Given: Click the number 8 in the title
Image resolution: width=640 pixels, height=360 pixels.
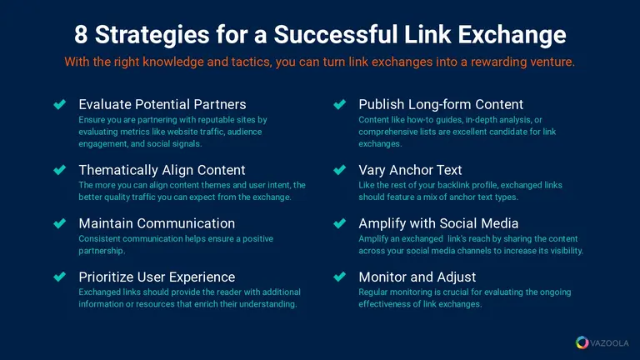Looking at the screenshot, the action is (81, 34).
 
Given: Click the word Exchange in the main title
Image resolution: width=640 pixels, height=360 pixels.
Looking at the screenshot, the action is (512, 35).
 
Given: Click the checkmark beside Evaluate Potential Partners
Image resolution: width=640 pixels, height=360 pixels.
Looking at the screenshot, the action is (60, 104).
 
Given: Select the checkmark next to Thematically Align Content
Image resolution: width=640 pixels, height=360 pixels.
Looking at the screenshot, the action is (60, 170).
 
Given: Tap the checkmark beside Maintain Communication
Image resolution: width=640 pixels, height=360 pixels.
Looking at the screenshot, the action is (60, 223).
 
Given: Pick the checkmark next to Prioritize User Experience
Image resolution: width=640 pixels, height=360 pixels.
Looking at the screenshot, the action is (60, 277).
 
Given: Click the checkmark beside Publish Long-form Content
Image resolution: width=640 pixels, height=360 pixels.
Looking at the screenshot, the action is (340, 104).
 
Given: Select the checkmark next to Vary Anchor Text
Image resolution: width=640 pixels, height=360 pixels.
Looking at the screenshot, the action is (340, 170).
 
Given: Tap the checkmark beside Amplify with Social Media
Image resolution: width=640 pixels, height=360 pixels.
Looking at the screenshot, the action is (340, 223).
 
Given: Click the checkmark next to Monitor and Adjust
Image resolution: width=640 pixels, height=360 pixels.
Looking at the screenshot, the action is (340, 277).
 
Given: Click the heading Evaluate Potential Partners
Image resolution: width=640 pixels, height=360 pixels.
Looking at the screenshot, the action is (162, 104).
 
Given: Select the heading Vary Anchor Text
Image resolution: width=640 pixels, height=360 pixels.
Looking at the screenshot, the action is (410, 170).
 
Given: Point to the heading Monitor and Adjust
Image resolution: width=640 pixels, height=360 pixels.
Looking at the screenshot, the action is (417, 277).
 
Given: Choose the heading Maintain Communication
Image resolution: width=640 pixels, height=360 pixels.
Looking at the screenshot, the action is (157, 223).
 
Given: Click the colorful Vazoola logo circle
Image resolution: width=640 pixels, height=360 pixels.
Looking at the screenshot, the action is (582, 342).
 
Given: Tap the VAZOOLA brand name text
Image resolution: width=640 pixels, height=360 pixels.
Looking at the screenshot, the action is (609, 343).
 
